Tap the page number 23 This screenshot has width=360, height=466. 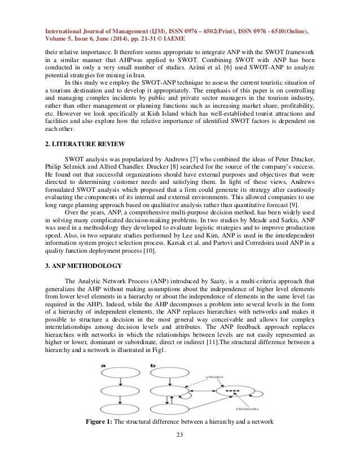click(x=180, y=450)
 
